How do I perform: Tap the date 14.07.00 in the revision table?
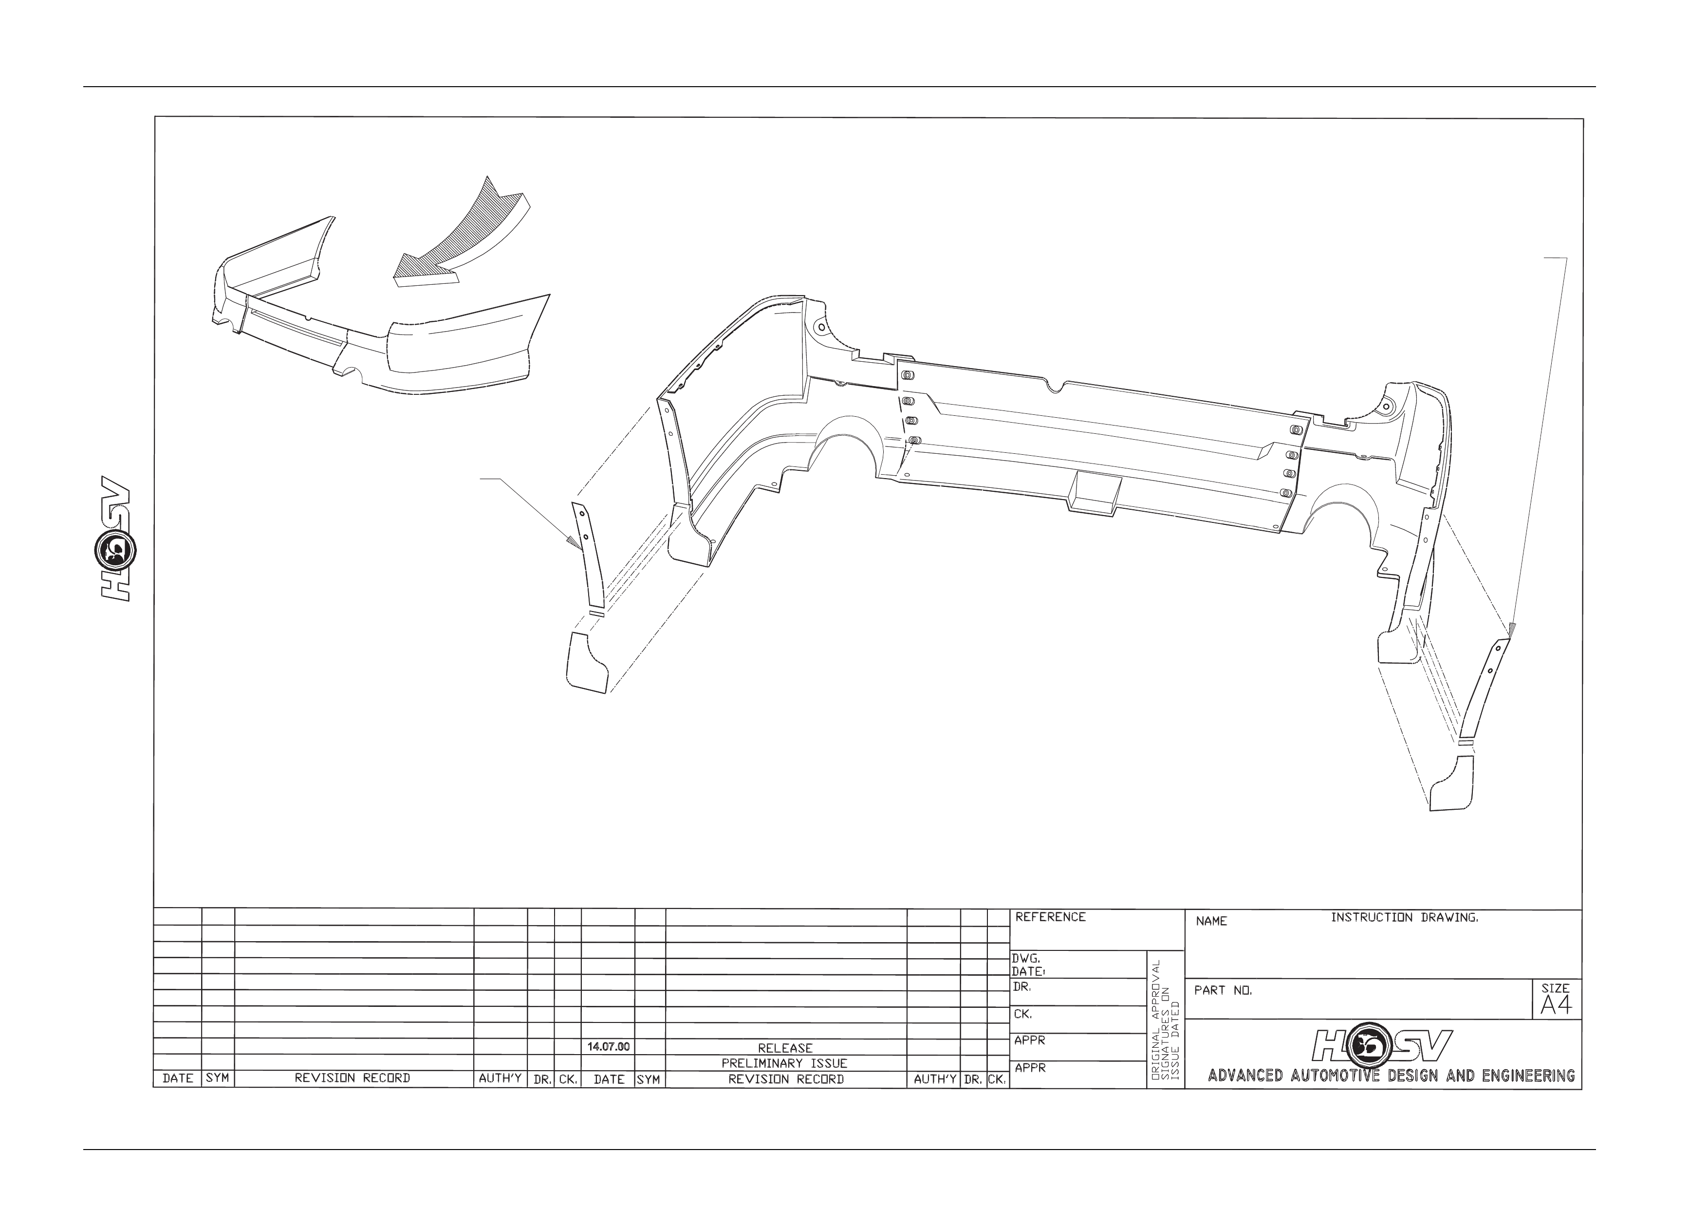click(609, 1046)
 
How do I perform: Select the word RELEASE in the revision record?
click(785, 1048)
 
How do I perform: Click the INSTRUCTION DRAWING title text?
click(1405, 918)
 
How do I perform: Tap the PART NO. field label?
click(1223, 991)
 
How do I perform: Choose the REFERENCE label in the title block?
click(1050, 917)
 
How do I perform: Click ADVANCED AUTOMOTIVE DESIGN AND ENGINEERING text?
click(1391, 1076)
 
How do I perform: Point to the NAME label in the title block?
click(1211, 921)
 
